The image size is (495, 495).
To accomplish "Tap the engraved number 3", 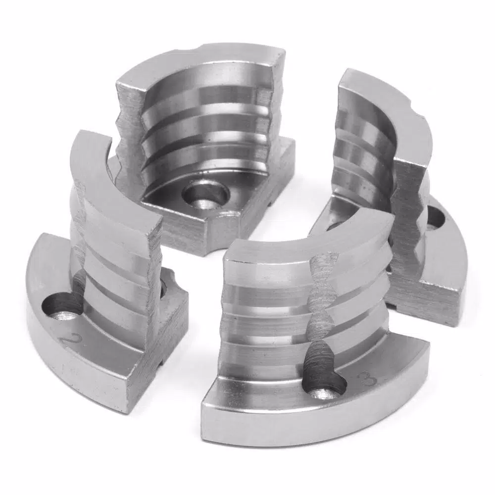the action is (368, 376).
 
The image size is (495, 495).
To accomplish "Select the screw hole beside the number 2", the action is (60, 305).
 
